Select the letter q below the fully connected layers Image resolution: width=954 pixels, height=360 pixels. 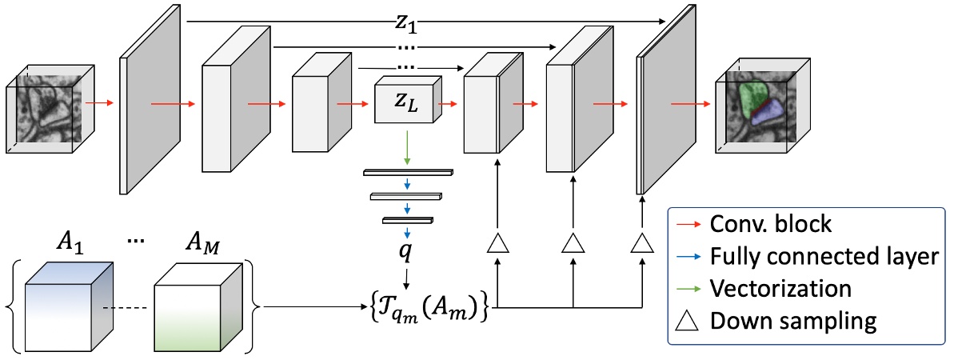407,248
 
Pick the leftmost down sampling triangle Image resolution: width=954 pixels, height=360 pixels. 497,242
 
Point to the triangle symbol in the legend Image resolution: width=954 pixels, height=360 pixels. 689,320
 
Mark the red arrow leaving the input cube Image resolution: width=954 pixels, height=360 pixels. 98,103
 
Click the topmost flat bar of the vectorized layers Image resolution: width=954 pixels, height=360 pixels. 407,172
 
